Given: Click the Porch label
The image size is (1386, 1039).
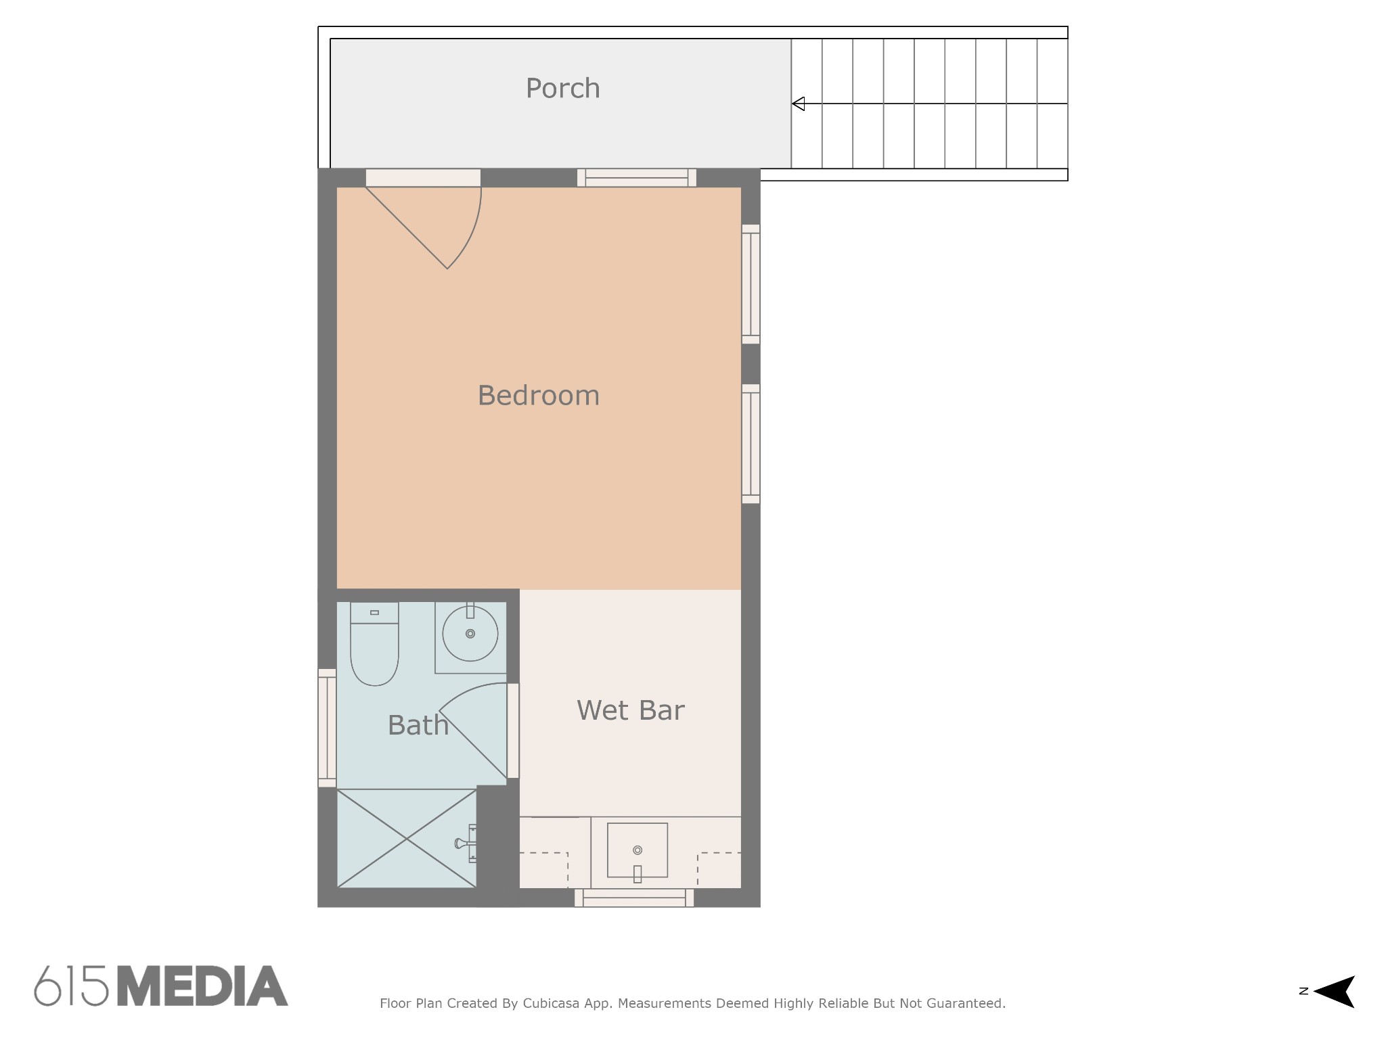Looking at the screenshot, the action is pos(563,89).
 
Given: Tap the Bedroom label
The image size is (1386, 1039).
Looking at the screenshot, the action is pos(539,396).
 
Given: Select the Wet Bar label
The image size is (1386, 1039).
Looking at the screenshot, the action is pos(631,710).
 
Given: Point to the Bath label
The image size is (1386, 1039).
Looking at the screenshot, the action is pos(418,725).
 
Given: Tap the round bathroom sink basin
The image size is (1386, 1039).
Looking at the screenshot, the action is pos(470,634).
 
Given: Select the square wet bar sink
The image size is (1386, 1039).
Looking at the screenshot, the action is pos(638,850).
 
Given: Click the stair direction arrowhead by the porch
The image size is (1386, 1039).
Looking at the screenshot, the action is pos(799,103).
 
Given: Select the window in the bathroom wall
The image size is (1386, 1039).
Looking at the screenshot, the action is pos(327,728).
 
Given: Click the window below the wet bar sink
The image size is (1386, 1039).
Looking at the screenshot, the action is pos(634,898).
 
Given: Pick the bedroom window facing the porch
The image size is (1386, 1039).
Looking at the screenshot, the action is pos(637,177).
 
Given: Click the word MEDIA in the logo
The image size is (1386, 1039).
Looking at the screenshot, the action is pos(203,986).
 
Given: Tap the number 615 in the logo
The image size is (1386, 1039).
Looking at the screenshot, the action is pos(72,986).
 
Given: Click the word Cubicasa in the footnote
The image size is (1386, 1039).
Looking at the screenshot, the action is pos(552,1004).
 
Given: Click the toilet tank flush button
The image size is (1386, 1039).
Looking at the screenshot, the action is pos(374,613).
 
